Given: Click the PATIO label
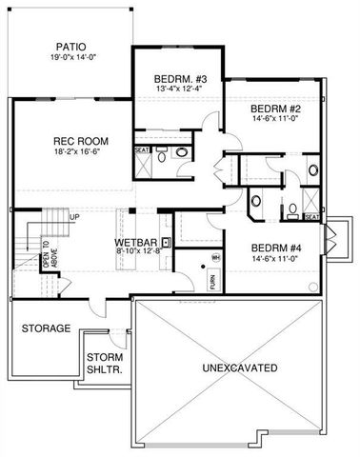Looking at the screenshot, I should click(x=70, y=45).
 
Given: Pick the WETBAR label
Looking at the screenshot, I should click(x=135, y=242).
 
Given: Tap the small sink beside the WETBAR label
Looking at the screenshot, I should click(x=166, y=242).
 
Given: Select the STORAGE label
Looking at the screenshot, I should click(x=45, y=328).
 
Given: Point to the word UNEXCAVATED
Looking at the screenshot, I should click(x=240, y=367).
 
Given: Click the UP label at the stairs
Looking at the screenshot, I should click(x=73, y=217).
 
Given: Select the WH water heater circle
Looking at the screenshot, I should click(x=216, y=258).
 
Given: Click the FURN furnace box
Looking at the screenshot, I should click(x=212, y=282).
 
